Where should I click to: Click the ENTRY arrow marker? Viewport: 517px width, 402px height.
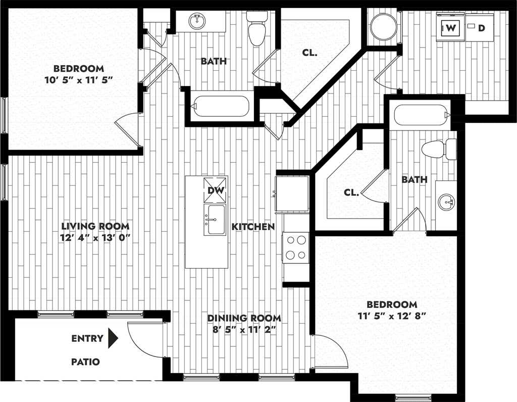pyautogui.click(x=113, y=338)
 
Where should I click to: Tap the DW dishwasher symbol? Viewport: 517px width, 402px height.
pyautogui.click(x=216, y=190)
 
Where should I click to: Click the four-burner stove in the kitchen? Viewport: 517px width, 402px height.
pyautogui.click(x=296, y=248)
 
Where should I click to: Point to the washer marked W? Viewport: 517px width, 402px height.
pyautogui.click(x=450, y=28)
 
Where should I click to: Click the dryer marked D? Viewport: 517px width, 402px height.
pyautogui.click(x=479, y=28)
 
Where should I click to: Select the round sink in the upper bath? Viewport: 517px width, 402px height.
pyautogui.click(x=197, y=22)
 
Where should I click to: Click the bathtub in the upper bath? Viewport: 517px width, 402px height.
pyautogui.click(x=221, y=106)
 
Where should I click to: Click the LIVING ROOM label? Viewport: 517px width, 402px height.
pyautogui.click(x=95, y=226)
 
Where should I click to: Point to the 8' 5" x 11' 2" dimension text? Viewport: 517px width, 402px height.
pyautogui.click(x=244, y=330)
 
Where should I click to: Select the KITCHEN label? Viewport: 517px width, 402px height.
pyautogui.click(x=253, y=227)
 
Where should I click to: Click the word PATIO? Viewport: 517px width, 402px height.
pyautogui.click(x=85, y=362)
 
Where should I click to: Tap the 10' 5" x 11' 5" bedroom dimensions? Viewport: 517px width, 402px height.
pyautogui.click(x=79, y=80)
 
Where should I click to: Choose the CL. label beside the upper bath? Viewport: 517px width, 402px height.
pyautogui.click(x=309, y=53)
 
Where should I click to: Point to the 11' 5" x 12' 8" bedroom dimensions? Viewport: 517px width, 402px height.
pyautogui.click(x=392, y=316)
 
